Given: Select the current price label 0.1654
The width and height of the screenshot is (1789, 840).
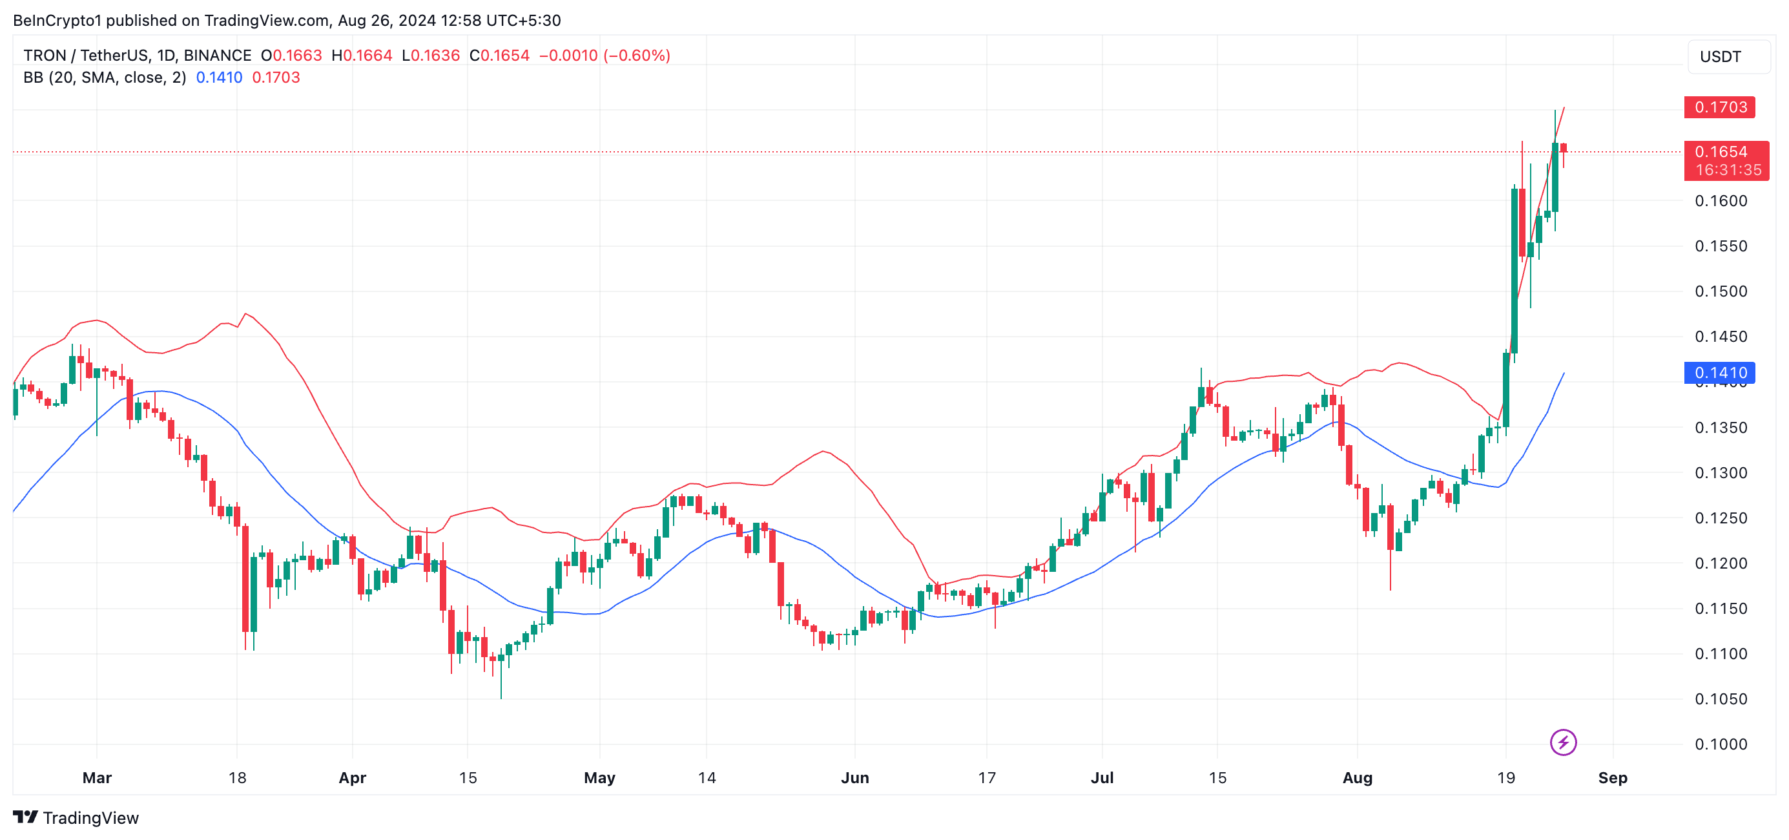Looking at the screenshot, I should tap(1721, 151).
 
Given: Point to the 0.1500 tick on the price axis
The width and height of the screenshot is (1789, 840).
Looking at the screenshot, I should tap(1721, 291).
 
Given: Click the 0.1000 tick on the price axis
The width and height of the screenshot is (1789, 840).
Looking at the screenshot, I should tap(1721, 744).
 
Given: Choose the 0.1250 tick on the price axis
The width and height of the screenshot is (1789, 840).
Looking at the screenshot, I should tap(1721, 518).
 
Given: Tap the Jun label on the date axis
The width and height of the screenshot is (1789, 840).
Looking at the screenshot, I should tap(854, 777).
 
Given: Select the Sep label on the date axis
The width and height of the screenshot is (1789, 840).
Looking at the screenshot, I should tap(1612, 777).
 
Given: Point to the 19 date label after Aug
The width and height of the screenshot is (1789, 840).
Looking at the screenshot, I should tap(1505, 777).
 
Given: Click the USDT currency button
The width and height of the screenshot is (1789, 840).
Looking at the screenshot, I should tap(1721, 57).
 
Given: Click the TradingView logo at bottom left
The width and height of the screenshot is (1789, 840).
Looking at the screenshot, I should tap(76, 818).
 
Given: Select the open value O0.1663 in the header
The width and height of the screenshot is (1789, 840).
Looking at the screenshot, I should tap(291, 56).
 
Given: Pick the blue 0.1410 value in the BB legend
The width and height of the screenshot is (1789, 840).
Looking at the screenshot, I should tap(219, 78).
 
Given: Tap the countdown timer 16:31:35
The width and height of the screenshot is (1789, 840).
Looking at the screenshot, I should tap(1728, 169).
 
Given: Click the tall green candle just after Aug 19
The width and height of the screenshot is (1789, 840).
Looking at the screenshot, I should tap(1514, 271).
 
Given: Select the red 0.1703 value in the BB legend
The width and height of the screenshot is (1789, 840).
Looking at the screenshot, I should tap(276, 78).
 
